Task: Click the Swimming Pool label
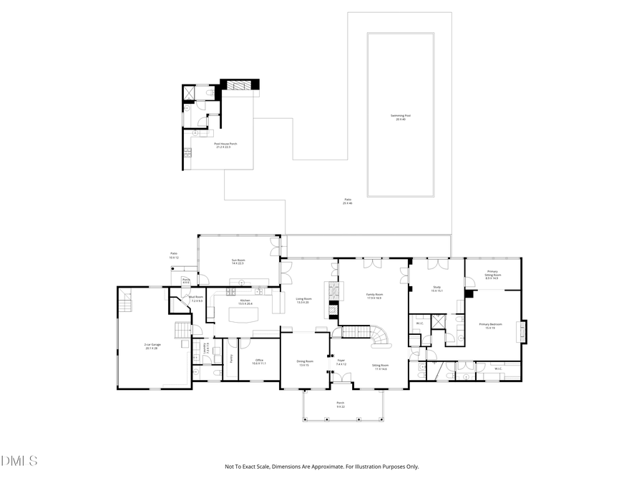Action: tap(401, 115)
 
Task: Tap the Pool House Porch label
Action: tap(226, 144)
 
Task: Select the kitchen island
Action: tap(244, 315)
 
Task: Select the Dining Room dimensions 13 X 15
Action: tap(305, 365)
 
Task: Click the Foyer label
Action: tap(341, 360)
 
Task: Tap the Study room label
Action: tap(436, 288)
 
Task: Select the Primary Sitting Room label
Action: tap(492, 272)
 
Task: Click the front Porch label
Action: tap(341, 403)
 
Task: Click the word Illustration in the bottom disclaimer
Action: tap(370, 467)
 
